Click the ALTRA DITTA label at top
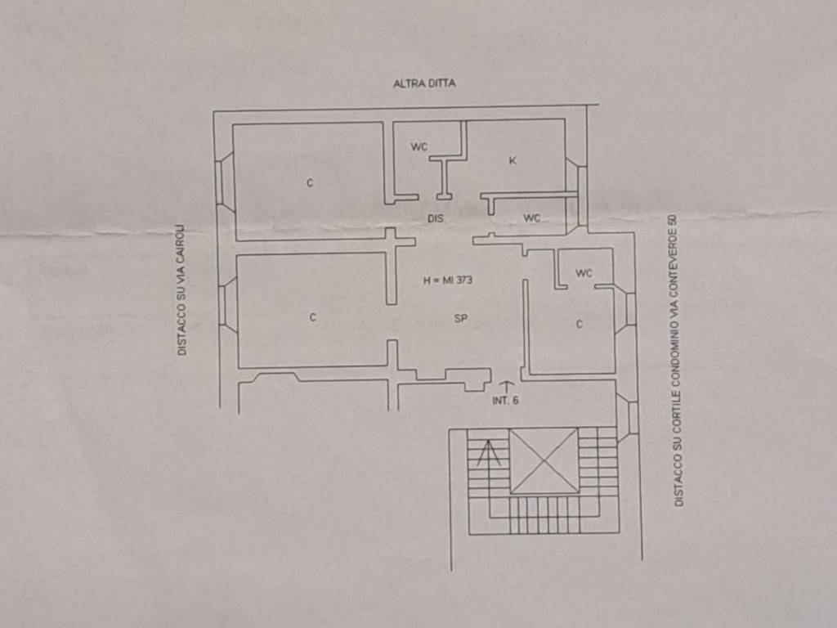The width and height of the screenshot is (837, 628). click(x=424, y=83)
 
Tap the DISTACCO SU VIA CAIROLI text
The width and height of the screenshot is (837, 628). click(x=182, y=289)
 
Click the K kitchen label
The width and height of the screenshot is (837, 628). click(x=512, y=160)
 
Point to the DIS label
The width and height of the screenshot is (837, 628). click(x=436, y=218)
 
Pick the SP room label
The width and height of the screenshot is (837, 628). click(x=461, y=319)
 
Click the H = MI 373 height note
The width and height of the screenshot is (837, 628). click(x=448, y=280)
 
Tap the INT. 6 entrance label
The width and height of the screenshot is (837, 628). click(x=505, y=401)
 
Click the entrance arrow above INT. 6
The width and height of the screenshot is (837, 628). click(x=505, y=387)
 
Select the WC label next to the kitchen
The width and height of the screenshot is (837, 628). click(x=419, y=146)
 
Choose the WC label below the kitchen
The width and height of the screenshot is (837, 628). click(x=531, y=218)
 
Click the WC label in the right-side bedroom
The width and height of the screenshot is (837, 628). click(x=584, y=273)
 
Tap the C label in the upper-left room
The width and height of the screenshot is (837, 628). click(x=310, y=183)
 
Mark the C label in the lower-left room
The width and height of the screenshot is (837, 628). click(x=313, y=317)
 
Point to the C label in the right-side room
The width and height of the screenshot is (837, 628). click(x=580, y=324)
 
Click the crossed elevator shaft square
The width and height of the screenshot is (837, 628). click(x=544, y=460)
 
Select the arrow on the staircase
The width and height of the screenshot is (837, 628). click(x=489, y=453)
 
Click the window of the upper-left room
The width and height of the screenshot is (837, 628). click(x=224, y=182)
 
